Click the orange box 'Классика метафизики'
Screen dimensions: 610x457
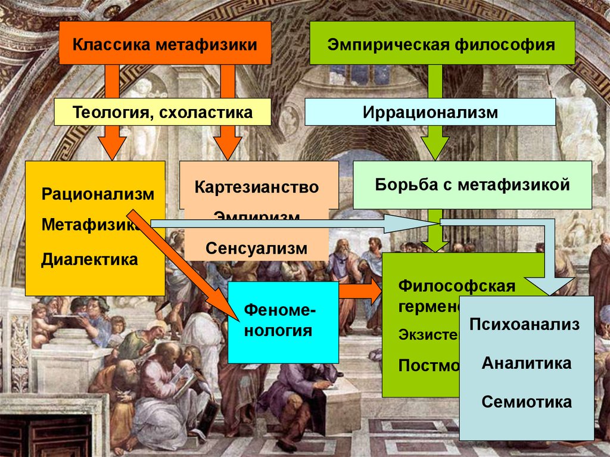(x=165, y=44)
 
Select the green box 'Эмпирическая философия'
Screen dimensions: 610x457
(x=442, y=44)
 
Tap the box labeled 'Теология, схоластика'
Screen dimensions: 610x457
(x=163, y=112)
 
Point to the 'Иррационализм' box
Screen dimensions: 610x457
(x=430, y=112)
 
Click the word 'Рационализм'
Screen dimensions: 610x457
(x=98, y=194)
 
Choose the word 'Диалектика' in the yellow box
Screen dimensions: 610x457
(x=89, y=259)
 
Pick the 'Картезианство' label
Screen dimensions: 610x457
(x=256, y=187)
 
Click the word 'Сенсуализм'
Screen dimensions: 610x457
(x=256, y=248)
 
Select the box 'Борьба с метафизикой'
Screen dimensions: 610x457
(x=472, y=185)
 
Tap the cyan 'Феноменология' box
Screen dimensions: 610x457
(x=283, y=322)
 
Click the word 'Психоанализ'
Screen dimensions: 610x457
(x=524, y=325)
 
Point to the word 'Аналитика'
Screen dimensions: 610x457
(x=527, y=363)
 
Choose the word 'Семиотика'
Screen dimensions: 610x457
(x=527, y=402)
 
